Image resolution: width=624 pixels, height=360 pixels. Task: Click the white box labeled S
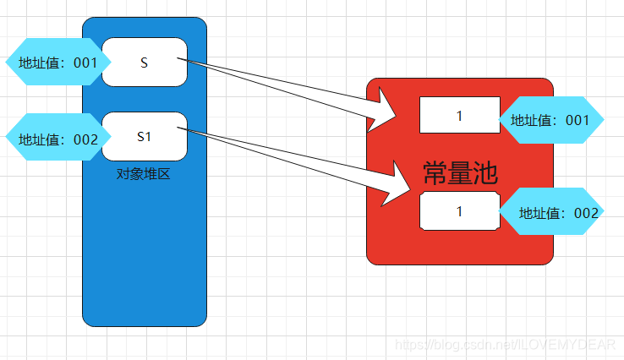click(x=145, y=62)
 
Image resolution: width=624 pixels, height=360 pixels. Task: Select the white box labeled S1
click(x=145, y=136)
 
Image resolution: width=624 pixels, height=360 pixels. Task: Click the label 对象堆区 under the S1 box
click(x=144, y=174)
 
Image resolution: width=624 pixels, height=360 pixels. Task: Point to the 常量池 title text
click(x=460, y=174)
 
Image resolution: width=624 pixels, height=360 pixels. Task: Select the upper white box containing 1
click(x=459, y=115)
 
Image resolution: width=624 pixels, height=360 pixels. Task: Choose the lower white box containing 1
click(x=459, y=211)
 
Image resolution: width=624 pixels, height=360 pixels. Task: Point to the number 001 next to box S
click(x=85, y=63)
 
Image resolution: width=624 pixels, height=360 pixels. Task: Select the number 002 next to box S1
click(x=85, y=139)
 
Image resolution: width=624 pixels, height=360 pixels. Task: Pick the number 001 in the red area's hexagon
click(x=577, y=121)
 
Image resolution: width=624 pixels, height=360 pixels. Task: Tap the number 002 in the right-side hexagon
click(x=586, y=213)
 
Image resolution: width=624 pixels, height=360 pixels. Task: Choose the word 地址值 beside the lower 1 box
click(x=541, y=213)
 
